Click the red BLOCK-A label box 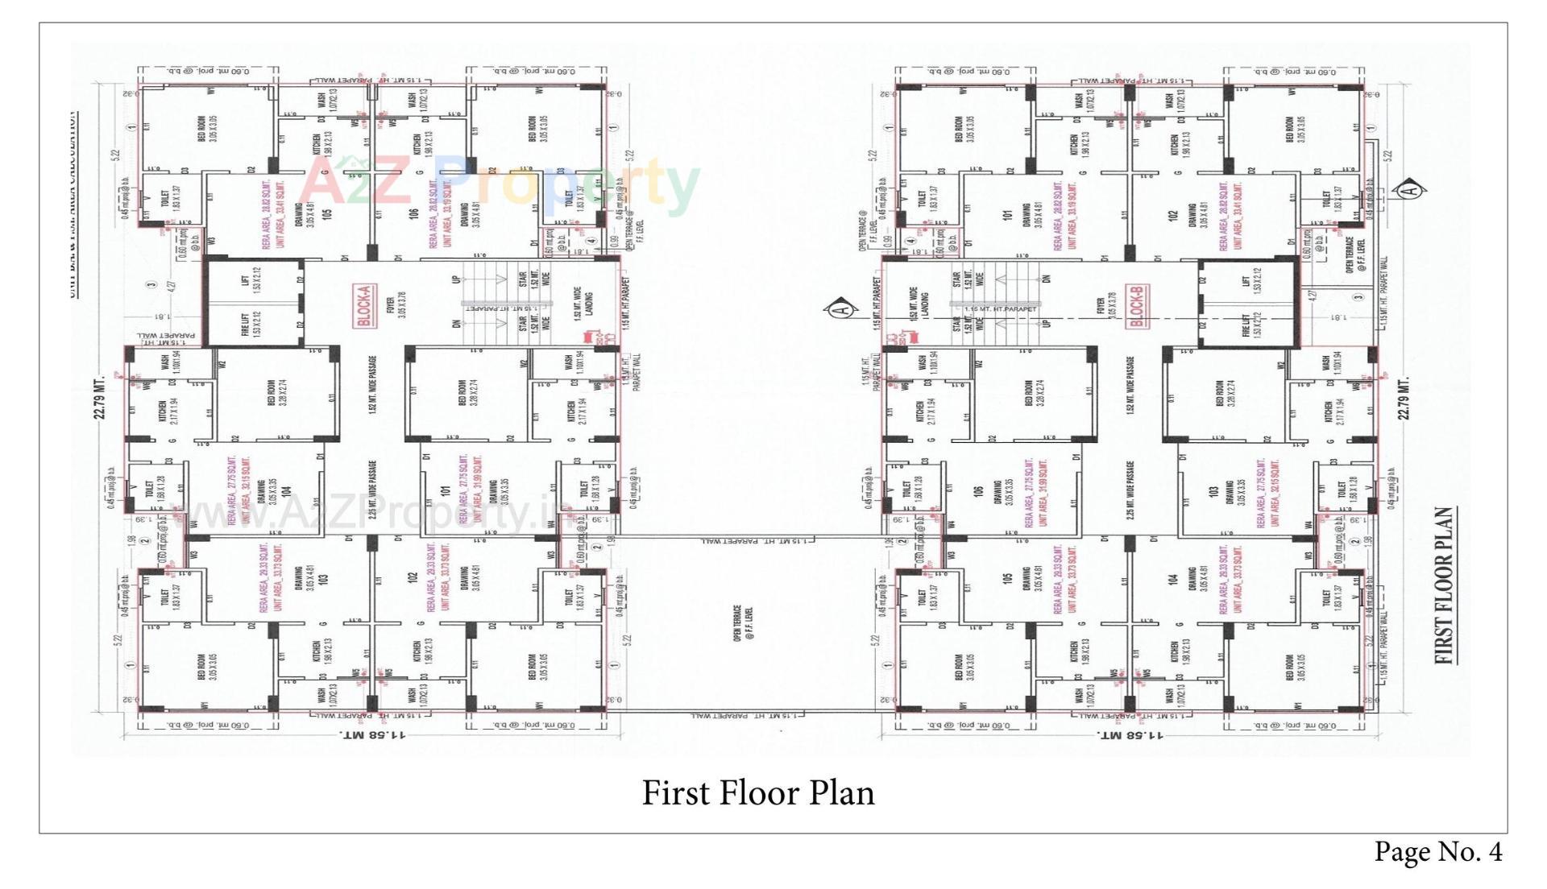coord(365,306)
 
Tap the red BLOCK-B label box coord(1138,306)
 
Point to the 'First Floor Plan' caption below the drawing coord(757,792)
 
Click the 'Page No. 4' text coord(1437,852)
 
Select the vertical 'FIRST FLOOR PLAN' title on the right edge coord(1445,585)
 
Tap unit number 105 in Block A coord(326,215)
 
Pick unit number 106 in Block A coord(414,215)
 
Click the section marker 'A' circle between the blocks coord(842,308)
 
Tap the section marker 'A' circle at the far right coord(1410,190)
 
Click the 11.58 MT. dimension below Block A coord(372,735)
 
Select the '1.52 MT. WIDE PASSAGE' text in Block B coord(1130,387)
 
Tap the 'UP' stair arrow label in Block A coord(456,279)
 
